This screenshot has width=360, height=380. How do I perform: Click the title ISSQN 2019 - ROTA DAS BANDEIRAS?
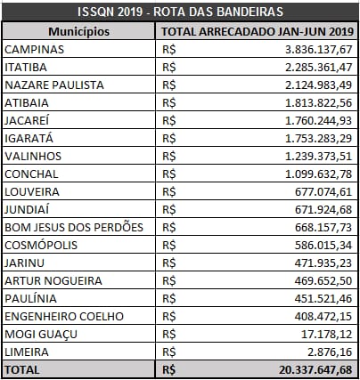pyautogui.click(x=180, y=12)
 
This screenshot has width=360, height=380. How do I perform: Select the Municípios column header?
pyautogui.click(x=79, y=31)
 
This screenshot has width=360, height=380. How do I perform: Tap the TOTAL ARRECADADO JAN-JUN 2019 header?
pyautogui.click(x=258, y=31)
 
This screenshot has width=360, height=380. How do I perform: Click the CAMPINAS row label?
pyautogui.click(x=34, y=49)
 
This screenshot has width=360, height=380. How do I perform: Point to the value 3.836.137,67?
pyautogui.click(x=319, y=50)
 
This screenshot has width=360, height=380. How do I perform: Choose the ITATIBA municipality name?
pyautogui.click(x=26, y=67)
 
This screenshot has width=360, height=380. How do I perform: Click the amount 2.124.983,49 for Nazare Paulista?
pyautogui.click(x=319, y=85)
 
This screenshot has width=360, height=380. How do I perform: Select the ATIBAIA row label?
pyautogui.click(x=27, y=102)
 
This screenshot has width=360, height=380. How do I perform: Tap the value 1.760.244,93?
pyautogui.click(x=319, y=121)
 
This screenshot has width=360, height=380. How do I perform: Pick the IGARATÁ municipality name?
pyautogui.click(x=29, y=138)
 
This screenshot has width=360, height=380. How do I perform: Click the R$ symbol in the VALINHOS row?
pyautogui.click(x=169, y=157)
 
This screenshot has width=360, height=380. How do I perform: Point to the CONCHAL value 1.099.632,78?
pyautogui.click(x=319, y=174)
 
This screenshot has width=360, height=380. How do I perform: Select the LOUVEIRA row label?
pyautogui.click(x=32, y=191)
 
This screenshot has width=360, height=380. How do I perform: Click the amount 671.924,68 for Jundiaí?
pyautogui.click(x=323, y=210)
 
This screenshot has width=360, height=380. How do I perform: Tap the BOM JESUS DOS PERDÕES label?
pyautogui.click(x=74, y=227)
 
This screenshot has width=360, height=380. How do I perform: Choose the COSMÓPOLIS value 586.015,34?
pyautogui.click(x=323, y=246)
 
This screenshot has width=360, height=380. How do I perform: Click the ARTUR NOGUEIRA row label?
pyautogui.click(x=53, y=280)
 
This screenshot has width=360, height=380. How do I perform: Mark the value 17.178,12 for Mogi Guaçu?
pyautogui.click(x=327, y=335)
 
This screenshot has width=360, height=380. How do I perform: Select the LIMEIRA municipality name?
pyautogui.click(x=27, y=352)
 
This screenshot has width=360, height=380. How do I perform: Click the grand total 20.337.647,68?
pyautogui.click(x=315, y=370)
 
